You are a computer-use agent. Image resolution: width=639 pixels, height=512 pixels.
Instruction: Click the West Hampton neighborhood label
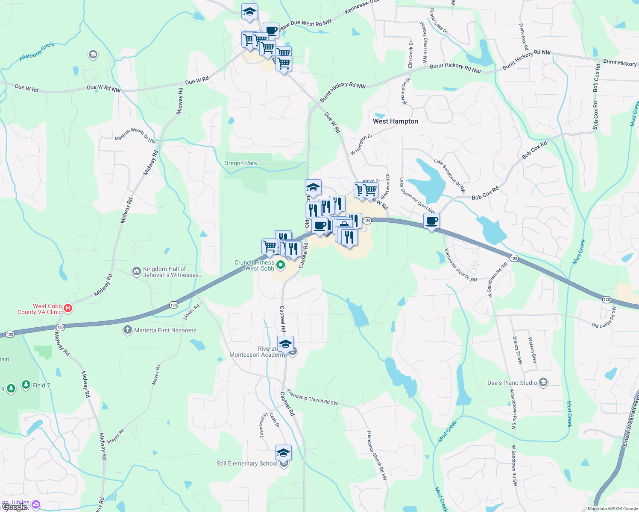(x=395, y=121)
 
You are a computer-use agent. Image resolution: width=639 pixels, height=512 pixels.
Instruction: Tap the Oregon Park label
(x=240, y=163)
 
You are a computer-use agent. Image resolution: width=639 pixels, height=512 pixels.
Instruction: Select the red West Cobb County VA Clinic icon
(x=68, y=308)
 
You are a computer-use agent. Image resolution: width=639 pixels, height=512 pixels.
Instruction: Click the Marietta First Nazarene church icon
(x=127, y=330)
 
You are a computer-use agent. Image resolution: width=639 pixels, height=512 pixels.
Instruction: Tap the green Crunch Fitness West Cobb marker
(x=281, y=265)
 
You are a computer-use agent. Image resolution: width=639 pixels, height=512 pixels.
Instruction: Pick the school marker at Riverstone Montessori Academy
(x=285, y=344)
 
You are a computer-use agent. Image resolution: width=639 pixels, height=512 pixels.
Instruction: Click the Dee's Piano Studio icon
(x=543, y=382)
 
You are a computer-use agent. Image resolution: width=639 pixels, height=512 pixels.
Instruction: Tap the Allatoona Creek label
(x=37, y=52)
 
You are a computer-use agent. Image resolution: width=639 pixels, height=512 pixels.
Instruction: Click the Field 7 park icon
(x=26, y=385)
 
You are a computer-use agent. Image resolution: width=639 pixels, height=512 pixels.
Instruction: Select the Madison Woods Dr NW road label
(x=135, y=135)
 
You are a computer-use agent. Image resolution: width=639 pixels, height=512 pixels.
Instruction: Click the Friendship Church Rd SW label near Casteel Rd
(x=312, y=398)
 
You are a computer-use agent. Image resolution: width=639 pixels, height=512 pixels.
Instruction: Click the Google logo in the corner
(x=15, y=507)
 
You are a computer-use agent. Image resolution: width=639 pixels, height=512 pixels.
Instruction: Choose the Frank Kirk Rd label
(x=524, y=37)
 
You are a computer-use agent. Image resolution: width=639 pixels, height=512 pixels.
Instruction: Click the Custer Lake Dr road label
(x=439, y=21)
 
